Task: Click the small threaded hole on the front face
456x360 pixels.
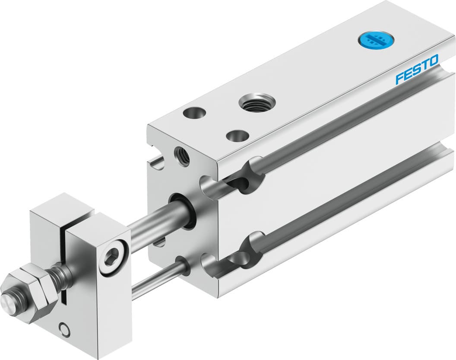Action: pyautogui.click(x=181, y=156)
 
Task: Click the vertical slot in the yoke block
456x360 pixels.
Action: pyautogui.click(x=65, y=264)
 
